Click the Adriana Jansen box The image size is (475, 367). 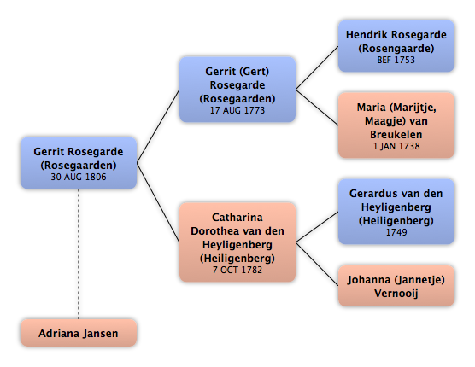coord(79,333)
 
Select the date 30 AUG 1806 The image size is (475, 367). coord(79,177)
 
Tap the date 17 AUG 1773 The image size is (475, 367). coord(237,110)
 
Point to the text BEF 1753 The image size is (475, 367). coord(396,60)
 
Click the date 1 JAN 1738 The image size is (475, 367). coord(396,146)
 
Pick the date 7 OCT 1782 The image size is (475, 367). coord(237,270)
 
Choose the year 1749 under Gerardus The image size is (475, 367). coord(396,232)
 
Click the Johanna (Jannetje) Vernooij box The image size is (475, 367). coord(396,286)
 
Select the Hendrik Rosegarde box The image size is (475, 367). coord(396,46)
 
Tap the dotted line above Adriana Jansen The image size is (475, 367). coord(79,253)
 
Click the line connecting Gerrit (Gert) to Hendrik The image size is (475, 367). coord(317,67)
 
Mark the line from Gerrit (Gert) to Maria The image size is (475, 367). coord(317,108)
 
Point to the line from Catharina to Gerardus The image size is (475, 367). coord(317,227)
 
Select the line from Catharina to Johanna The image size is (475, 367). coord(317,264)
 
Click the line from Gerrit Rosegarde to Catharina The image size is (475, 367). coord(158,202)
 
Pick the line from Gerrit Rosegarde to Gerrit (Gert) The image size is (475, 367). coord(158,126)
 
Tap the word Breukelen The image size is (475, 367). coord(396,135)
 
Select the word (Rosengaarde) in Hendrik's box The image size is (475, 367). coord(396,49)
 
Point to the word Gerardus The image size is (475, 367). coord(372,194)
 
